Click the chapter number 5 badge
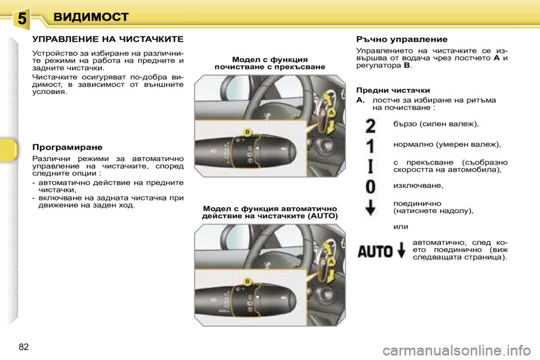pos(21,18)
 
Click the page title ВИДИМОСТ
pos(91,17)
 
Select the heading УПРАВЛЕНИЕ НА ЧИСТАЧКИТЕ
pos(107,40)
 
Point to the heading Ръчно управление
pos(402,39)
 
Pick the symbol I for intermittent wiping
pos(370,166)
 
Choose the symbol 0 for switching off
pos(370,186)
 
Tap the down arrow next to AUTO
pos(401,250)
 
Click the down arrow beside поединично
pos(370,208)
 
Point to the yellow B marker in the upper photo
pos(246,132)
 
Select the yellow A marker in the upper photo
pos(331,113)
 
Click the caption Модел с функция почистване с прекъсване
pos(269,62)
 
